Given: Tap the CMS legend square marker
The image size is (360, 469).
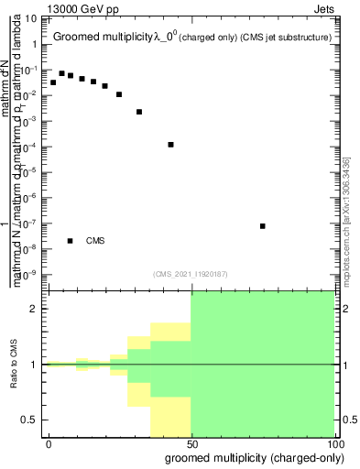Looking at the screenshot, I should tap(70, 241).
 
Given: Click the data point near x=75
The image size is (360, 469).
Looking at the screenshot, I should tap(262, 225).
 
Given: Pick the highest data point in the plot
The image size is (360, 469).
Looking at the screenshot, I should tap(61, 73).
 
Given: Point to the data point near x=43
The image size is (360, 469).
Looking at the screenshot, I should tap(170, 145).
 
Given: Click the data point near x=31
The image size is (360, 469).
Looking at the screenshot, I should tap(138, 112).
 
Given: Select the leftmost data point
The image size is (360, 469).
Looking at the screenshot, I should tap(53, 82).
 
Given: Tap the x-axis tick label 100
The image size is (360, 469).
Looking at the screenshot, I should tap(336, 443).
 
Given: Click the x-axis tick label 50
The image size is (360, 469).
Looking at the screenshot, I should tap(192, 443).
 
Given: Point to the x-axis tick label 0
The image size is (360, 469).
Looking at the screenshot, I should tap(49, 443).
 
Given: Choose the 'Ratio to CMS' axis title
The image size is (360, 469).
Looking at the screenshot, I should tap(14, 364).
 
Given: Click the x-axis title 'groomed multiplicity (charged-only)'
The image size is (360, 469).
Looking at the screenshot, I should tap(251, 457).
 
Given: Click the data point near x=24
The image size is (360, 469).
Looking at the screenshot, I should tap(118, 93).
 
